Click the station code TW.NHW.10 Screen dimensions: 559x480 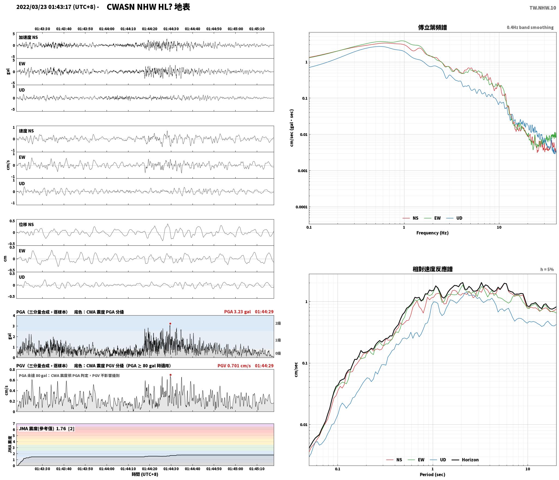pyautogui.click(x=543, y=8)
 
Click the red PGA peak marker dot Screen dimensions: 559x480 pyautogui.click(x=170, y=324)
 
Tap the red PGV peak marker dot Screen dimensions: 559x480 pyautogui.click(x=170, y=375)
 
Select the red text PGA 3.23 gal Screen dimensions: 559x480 pyautogui.click(x=237, y=312)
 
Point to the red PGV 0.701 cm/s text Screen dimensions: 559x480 pyautogui.click(x=234, y=366)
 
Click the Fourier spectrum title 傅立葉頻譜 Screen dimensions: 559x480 pyautogui.click(x=432, y=28)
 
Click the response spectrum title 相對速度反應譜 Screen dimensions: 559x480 pyautogui.click(x=432, y=269)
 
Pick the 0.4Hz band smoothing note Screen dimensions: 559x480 pyautogui.click(x=530, y=28)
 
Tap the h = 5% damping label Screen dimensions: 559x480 pyautogui.click(x=547, y=269)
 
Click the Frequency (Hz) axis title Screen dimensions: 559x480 pyautogui.click(x=432, y=233)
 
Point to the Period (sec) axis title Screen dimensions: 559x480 pyautogui.click(x=432, y=475)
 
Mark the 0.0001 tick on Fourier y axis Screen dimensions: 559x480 pyautogui.click(x=301, y=207)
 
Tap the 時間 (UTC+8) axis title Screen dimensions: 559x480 pyautogui.click(x=145, y=474)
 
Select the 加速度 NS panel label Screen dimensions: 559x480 pyautogui.click(x=28, y=37)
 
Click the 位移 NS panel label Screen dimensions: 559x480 pyautogui.click(x=26, y=224)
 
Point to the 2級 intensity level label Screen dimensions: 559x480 pyautogui.click(x=278, y=323)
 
